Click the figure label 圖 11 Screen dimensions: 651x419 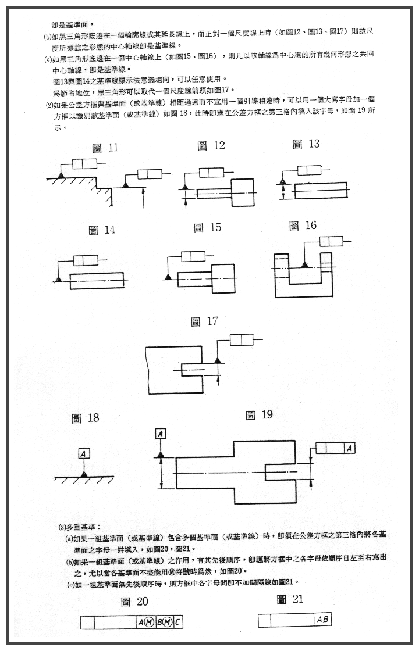click(105, 148)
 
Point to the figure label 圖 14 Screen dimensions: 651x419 click(102, 230)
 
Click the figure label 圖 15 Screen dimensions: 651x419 click(207, 228)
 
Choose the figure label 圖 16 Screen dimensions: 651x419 click(303, 226)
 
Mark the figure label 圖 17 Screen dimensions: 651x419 click(204, 321)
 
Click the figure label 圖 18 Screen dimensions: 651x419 click(85, 418)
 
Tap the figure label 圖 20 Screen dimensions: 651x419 click(135, 602)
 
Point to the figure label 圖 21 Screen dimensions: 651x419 click(290, 599)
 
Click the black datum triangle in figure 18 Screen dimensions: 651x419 click(85, 474)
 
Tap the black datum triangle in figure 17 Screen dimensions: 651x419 click(219, 361)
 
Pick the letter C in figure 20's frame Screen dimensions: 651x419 click(177, 622)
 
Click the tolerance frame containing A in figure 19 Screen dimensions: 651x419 click(335, 448)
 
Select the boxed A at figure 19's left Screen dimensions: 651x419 click(161, 433)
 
